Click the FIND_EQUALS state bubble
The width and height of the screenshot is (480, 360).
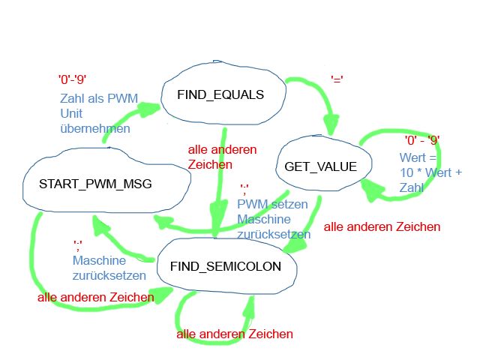click(223, 93)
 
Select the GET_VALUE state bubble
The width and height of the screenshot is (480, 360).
click(323, 163)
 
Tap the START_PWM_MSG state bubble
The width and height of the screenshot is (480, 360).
click(106, 181)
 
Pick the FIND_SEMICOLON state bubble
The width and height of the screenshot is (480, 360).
click(226, 265)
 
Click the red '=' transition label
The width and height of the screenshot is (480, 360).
click(337, 79)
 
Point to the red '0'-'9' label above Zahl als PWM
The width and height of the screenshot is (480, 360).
click(72, 79)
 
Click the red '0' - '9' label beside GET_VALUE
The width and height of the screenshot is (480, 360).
click(422, 140)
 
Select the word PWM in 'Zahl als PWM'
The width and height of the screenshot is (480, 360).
click(123, 98)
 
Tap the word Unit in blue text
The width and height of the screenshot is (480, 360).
click(71, 113)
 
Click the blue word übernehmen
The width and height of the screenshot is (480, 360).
click(95, 128)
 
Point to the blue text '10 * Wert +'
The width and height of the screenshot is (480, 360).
click(430, 172)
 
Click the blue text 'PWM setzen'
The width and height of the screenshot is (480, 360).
click(272, 204)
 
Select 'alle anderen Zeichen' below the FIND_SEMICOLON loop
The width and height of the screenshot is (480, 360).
click(235, 334)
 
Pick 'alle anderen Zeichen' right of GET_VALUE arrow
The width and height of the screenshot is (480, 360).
click(382, 226)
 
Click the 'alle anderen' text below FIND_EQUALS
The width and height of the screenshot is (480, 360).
click(222, 150)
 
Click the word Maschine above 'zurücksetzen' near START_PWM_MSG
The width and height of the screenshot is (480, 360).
click(99, 260)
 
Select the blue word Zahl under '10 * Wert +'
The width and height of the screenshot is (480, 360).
click(412, 187)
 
